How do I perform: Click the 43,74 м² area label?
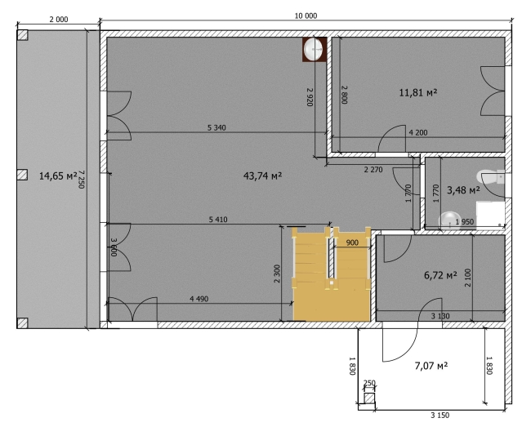click(x=262, y=176)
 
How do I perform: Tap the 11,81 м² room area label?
click(x=418, y=92)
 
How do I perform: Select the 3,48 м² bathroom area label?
click(x=463, y=190)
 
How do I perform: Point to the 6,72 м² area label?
click(x=440, y=275)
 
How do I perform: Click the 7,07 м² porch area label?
click(x=431, y=366)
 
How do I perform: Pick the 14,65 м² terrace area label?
click(x=58, y=176)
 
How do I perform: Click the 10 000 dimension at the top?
click(x=306, y=16)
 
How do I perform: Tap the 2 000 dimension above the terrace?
click(x=59, y=20)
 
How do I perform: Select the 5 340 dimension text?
click(x=216, y=127)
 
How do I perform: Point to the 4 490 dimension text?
click(x=199, y=299)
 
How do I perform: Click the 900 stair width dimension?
click(x=352, y=242)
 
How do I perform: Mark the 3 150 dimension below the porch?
click(x=440, y=415)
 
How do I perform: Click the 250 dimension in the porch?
click(x=369, y=383)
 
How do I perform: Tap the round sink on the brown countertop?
click(x=313, y=49)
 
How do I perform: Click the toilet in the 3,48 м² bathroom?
click(x=491, y=177)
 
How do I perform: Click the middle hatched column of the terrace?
click(x=22, y=175)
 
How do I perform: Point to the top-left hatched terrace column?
click(x=23, y=35)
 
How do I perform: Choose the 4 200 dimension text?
click(x=418, y=132)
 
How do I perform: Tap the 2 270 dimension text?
click(x=373, y=170)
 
